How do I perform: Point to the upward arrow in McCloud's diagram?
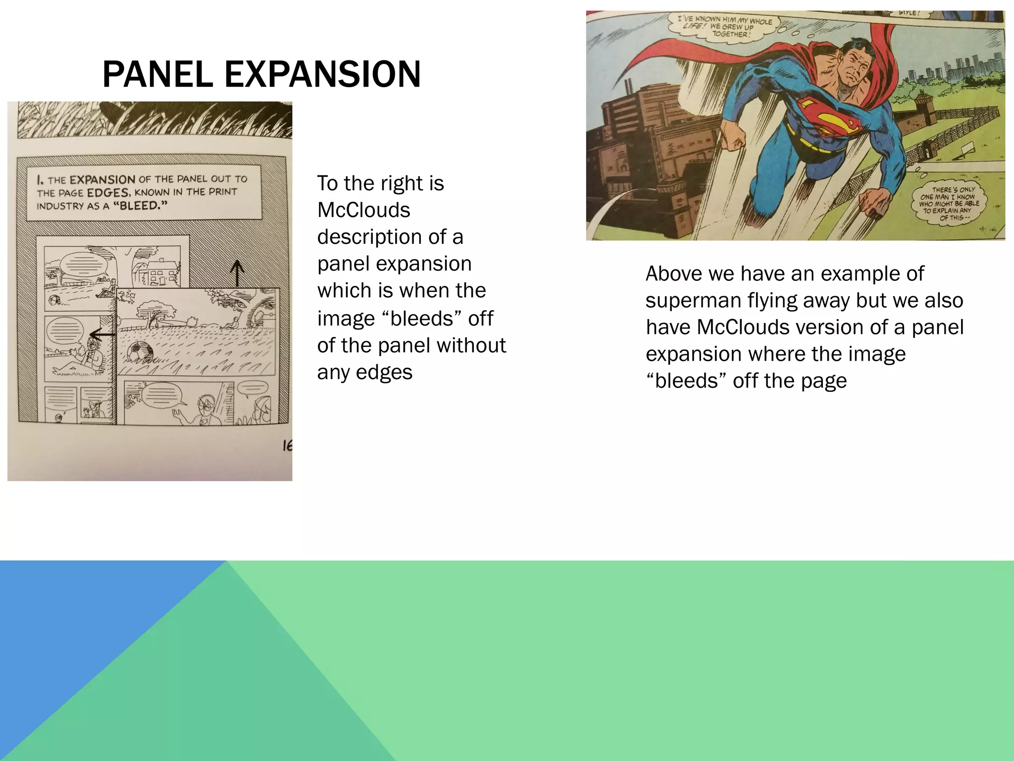[237, 273]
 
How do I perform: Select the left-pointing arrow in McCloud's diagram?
[102, 335]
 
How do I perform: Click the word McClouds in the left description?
[363, 210]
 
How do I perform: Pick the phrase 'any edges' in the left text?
[364, 372]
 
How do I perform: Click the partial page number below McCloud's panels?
[287, 446]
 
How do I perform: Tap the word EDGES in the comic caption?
[108, 192]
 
